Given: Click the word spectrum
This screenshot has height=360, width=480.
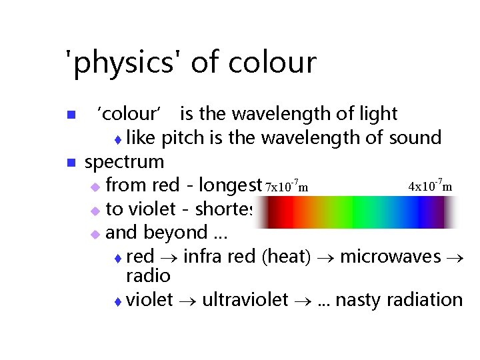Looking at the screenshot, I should pyautogui.click(x=125, y=162).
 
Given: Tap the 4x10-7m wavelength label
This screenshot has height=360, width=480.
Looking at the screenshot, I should pyautogui.click(x=430, y=186).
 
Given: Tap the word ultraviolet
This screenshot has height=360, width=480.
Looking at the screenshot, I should pyautogui.click(x=245, y=300).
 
